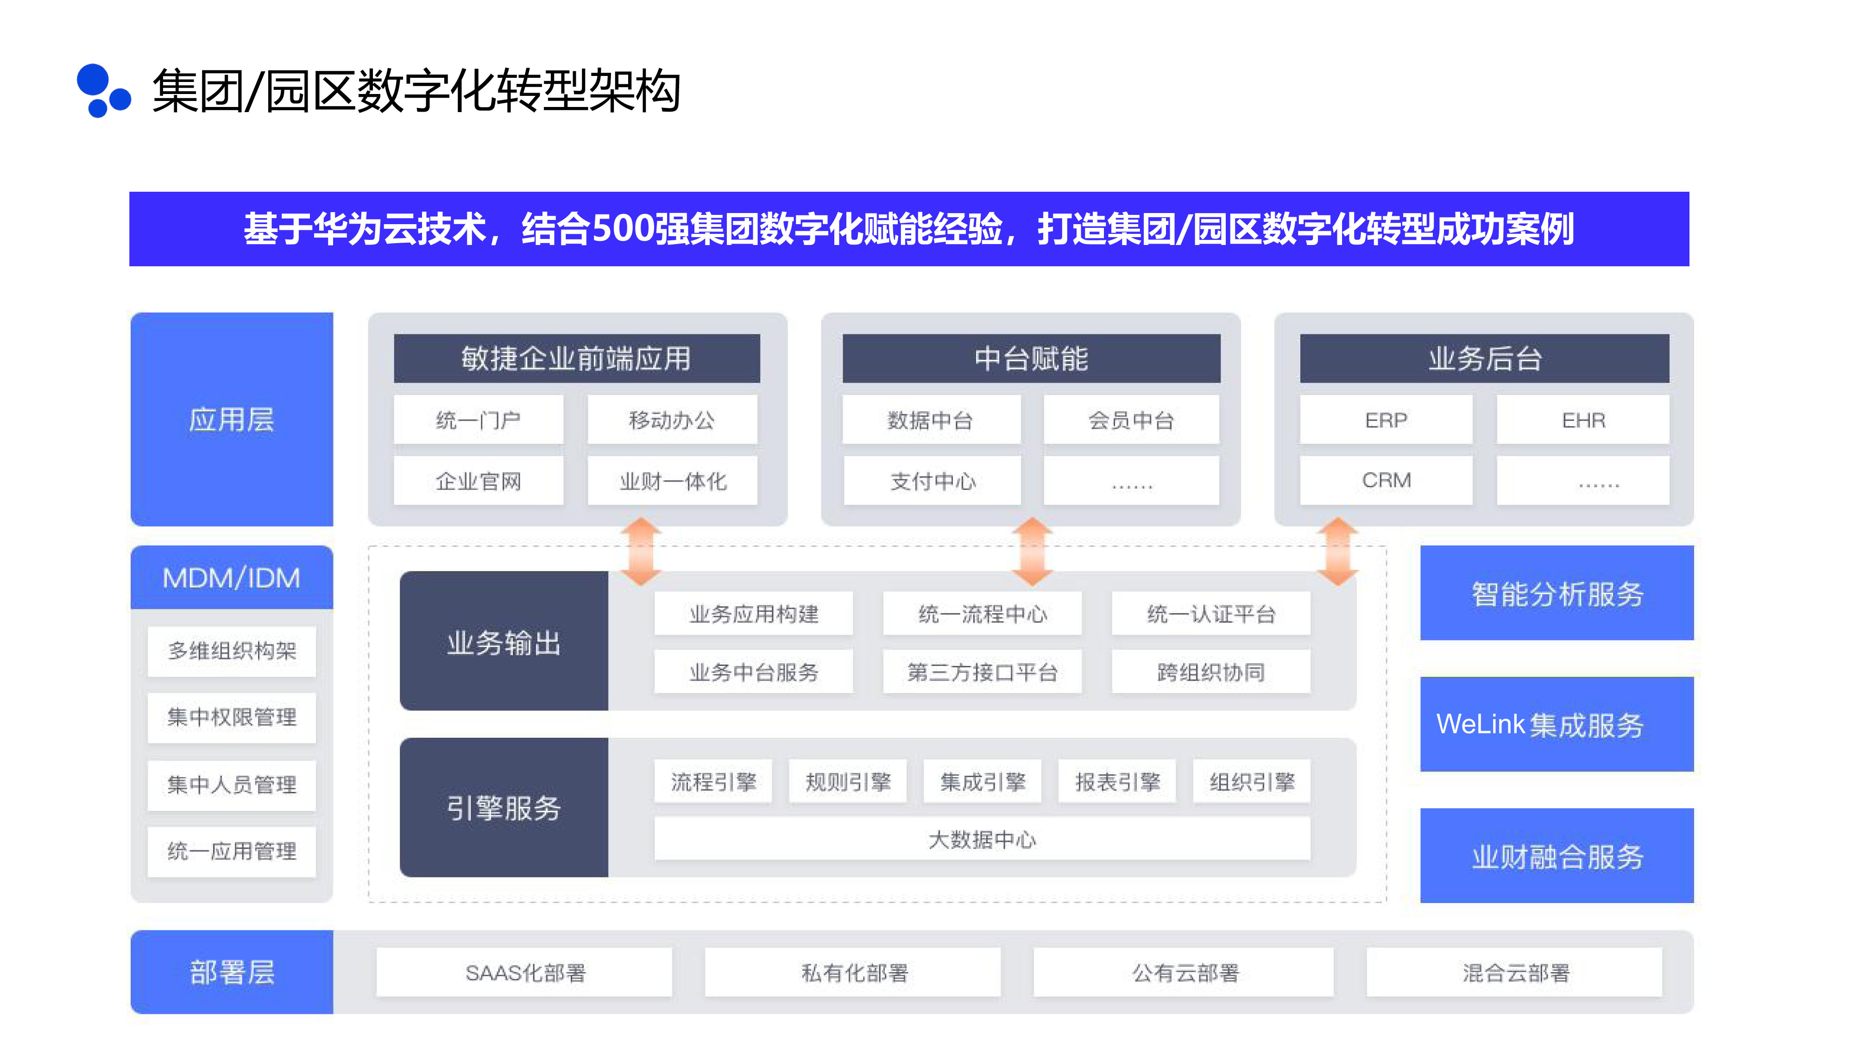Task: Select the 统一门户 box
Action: [x=479, y=420]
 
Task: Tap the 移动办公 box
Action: [x=672, y=420]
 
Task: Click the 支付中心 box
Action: [x=932, y=481]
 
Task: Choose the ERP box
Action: [x=1386, y=420]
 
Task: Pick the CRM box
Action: [x=1386, y=480]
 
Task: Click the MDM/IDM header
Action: [x=232, y=577]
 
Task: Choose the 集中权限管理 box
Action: [x=232, y=717]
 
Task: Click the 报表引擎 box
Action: [x=1117, y=782]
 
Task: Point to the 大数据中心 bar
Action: [x=982, y=839]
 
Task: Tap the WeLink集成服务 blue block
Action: [x=1557, y=724]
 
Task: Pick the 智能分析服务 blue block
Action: [x=1557, y=593]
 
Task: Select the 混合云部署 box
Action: [x=1514, y=972]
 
